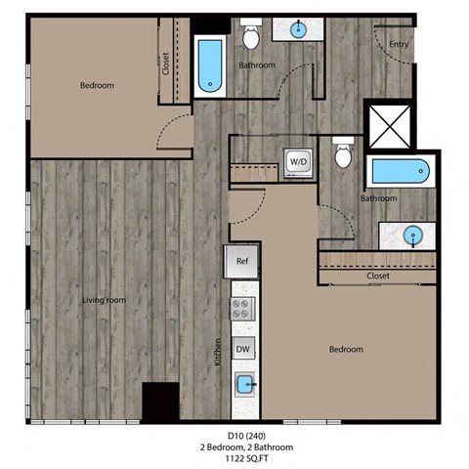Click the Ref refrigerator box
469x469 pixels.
pos(242,262)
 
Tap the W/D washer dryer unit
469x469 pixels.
pos(297,162)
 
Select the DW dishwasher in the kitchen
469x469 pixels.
pos(242,350)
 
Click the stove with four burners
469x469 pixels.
pos(242,310)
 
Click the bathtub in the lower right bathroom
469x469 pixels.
pos(398,172)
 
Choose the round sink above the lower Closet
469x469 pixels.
pos(415,234)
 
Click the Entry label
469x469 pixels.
pos(399,44)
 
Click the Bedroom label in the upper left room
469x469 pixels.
pos(97,86)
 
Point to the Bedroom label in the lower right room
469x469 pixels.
pos(346,350)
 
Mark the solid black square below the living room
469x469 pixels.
pos(159,401)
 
